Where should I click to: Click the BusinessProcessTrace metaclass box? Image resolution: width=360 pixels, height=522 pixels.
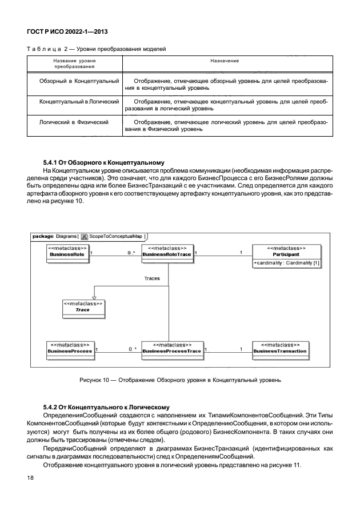(172, 349)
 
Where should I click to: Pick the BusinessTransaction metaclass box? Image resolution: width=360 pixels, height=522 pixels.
(279, 349)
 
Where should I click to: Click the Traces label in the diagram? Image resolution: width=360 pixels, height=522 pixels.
(151, 278)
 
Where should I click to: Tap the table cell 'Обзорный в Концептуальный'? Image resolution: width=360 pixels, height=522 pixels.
(79, 82)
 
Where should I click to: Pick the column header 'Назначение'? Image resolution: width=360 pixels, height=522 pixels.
(225, 60)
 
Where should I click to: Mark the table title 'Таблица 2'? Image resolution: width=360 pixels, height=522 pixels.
(97, 48)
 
